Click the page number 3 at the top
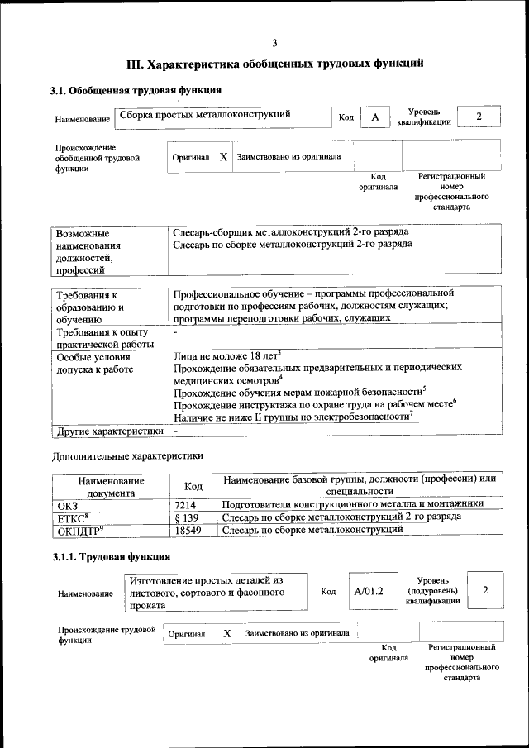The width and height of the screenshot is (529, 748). pyautogui.click(x=274, y=43)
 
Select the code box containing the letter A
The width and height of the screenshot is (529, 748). pyautogui.click(x=374, y=117)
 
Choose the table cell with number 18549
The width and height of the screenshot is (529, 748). pyautogui.click(x=188, y=530)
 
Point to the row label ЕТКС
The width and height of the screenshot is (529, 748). pyautogui.click(x=71, y=517)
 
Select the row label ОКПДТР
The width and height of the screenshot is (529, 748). pyautogui.click(x=79, y=530)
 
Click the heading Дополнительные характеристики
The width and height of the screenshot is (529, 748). pyautogui.click(x=127, y=455)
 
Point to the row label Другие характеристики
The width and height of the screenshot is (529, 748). pyautogui.click(x=108, y=431)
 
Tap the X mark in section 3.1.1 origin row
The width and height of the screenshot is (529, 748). pyautogui.click(x=226, y=633)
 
